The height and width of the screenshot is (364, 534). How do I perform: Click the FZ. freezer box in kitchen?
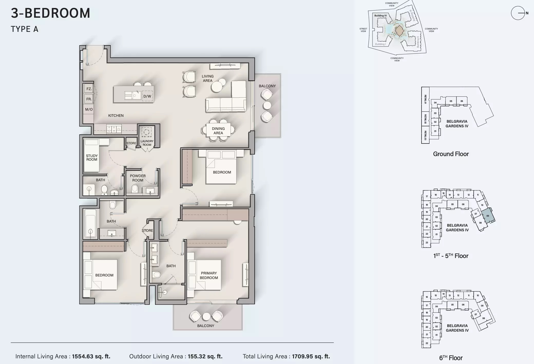point(89,89)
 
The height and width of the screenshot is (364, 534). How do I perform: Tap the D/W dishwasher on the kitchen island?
point(147,96)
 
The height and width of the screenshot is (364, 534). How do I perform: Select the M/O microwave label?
point(89,109)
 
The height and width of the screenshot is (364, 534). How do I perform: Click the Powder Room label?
point(138,178)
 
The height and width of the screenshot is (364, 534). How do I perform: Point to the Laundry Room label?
point(147,143)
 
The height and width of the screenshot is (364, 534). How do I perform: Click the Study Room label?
point(92,158)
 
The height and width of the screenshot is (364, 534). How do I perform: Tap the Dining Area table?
point(218,131)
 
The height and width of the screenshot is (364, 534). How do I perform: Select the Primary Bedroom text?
point(209,275)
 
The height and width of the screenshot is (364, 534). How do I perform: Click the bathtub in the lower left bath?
point(90,223)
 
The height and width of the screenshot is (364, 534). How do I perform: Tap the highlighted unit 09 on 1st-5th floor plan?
point(488,216)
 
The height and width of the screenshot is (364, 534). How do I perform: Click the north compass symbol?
point(518,13)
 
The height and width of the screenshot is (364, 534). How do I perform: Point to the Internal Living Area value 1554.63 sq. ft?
point(91,356)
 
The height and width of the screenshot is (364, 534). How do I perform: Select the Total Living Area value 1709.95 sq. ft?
point(311,356)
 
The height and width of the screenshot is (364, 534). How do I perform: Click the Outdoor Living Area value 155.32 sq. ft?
point(205,356)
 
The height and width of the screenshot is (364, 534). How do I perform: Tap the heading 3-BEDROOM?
point(51,13)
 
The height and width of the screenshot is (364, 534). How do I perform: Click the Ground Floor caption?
point(451,154)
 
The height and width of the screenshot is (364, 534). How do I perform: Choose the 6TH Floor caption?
point(451,358)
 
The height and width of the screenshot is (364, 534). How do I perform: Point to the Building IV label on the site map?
point(380,16)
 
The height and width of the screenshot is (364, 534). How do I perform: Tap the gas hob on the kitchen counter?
point(114,129)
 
